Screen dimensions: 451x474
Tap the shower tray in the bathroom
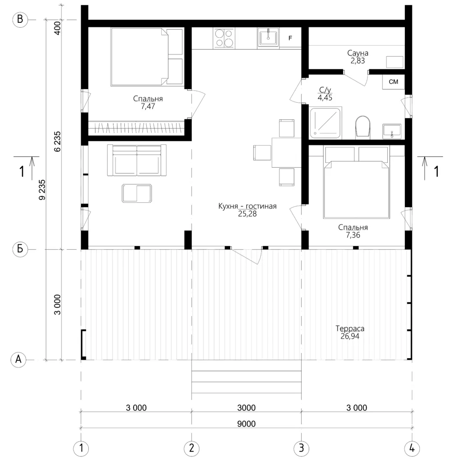click(x=326, y=122)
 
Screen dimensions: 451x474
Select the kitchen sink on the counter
click(x=268, y=38)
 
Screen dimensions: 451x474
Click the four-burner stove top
click(x=224, y=38)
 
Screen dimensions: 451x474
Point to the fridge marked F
click(x=290, y=38)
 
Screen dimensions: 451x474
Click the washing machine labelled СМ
click(x=393, y=82)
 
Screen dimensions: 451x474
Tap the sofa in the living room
click(x=137, y=160)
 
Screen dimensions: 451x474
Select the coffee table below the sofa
click(x=137, y=193)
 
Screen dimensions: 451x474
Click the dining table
click(x=286, y=152)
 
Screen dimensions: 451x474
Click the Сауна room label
click(x=358, y=53)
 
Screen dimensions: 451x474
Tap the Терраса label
click(x=350, y=329)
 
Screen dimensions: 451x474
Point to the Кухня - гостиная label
click(x=247, y=206)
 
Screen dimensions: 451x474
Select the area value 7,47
click(x=148, y=106)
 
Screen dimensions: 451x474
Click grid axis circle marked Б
click(x=20, y=249)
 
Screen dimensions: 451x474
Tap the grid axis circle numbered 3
click(x=302, y=448)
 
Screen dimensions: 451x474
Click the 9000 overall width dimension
click(x=247, y=424)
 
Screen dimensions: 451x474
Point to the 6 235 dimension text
click(x=58, y=141)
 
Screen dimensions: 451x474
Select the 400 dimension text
click(x=57, y=28)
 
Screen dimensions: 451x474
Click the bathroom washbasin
click(x=392, y=131)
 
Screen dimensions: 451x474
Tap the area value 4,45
click(x=325, y=97)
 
